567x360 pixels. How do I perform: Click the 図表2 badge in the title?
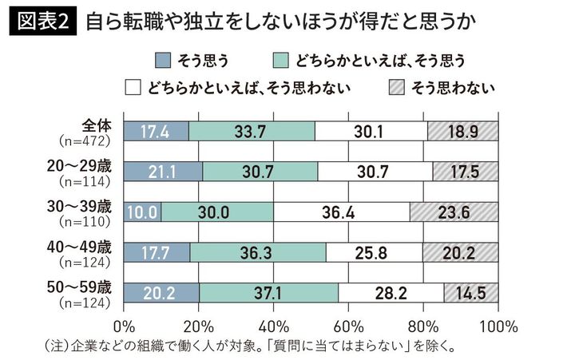click(x=42, y=21)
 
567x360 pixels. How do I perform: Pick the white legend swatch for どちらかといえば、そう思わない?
click(x=133, y=87)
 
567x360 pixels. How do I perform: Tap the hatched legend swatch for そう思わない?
click(x=395, y=87)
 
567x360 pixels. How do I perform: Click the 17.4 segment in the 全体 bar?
click(x=157, y=131)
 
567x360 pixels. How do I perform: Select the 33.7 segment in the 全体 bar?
click(x=252, y=131)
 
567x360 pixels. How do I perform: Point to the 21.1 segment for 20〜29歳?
click(x=164, y=171)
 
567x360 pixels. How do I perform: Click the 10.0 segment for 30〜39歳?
click(x=143, y=212)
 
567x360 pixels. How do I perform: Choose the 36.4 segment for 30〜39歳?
click(x=341, y=212)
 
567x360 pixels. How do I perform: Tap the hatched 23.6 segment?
click(x=454, y=212)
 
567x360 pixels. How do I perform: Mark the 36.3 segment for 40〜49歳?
click(x=258, y=252)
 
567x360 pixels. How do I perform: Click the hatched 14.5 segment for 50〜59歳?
click(x=471, y=292)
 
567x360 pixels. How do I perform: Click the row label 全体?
click(x=100, y=125)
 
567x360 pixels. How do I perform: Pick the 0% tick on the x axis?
click(x=125, y=326)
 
